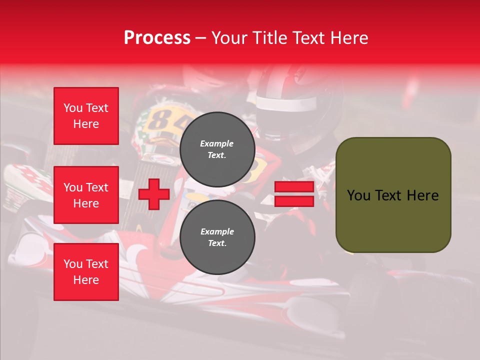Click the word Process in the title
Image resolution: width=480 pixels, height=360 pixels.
157,38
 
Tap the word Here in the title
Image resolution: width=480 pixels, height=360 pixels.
348,38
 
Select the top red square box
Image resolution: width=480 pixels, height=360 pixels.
86,116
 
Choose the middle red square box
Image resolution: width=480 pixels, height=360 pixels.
86,195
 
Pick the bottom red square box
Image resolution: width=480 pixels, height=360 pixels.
86,271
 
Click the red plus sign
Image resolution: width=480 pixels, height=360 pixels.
153,194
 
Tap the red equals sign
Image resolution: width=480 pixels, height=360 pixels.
294,194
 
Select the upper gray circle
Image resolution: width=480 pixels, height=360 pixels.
217,149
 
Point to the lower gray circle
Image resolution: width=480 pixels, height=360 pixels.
217,237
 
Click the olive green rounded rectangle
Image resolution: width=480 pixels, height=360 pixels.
393,194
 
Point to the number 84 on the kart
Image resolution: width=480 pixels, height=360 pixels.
162,119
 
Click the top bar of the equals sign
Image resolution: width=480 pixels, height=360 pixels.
294,187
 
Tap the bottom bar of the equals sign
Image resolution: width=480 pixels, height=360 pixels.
294,201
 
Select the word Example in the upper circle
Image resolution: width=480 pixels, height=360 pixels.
217,143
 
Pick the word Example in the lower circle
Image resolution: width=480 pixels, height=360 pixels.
217,231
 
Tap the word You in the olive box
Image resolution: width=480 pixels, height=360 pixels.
358,195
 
